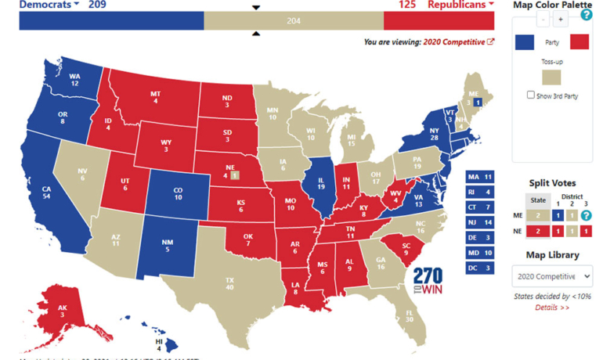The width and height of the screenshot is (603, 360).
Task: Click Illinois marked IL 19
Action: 321,188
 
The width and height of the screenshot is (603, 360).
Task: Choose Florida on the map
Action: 407,313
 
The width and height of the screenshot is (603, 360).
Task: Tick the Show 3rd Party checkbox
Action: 531,95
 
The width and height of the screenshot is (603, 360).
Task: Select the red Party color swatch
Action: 579,42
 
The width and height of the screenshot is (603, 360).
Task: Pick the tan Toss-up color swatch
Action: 552,76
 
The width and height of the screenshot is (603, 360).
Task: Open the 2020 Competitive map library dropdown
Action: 552,276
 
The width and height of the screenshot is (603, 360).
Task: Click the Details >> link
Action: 552,308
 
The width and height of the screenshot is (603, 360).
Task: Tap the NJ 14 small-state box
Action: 479,222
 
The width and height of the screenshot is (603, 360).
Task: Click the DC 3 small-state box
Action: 479,268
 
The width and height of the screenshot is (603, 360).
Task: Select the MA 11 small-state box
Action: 479,177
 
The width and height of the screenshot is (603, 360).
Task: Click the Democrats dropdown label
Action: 49,5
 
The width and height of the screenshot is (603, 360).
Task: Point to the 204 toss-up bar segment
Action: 294,21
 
